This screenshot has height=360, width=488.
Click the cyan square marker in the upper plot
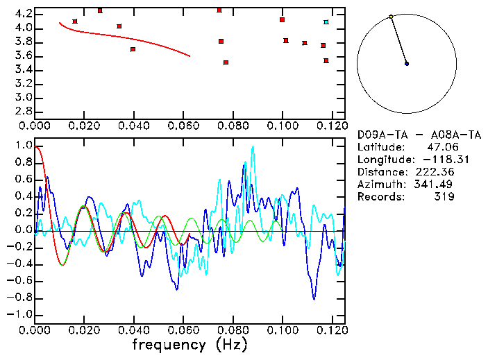point(326,22)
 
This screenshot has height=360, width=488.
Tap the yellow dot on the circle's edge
point(391,17)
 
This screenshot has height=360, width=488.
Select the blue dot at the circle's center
point(407,64)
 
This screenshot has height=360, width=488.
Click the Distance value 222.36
point(433,172)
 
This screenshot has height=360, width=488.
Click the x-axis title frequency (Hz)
point(190,345)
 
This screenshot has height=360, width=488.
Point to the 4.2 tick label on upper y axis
point(24,14)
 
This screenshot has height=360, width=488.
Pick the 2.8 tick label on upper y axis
point(24,111)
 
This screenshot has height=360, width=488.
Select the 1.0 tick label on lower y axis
point(24,146)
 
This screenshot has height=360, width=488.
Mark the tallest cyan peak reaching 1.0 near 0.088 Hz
point(253,147)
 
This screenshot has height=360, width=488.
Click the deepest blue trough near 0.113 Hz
point(314,299)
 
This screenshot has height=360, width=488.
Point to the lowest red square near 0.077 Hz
point(226,62)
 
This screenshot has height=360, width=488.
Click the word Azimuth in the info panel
point(379,185)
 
